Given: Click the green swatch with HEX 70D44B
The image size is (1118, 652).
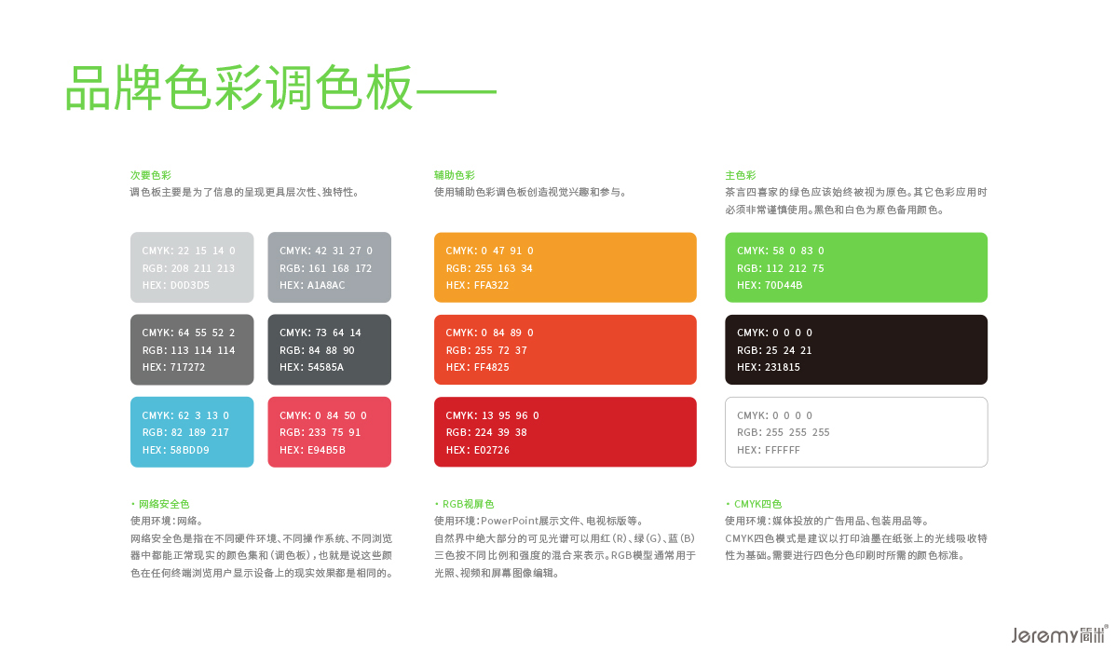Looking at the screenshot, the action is pyautogui.click(x=856, y=267).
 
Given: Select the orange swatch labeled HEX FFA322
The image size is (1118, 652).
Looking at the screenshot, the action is pyautogui.click(x=565, y=267).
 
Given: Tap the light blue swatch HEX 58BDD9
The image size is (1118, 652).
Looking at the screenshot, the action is pyautogui.click(x=192, y=432).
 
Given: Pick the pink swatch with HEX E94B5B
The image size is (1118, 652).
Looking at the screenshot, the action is pyautogui.click(x=330, y=432).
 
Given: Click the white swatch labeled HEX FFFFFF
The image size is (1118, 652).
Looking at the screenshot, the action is pyautogui.click(x=856, y=432).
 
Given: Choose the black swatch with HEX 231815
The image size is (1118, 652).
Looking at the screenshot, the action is pyautogui.click(x=856, y=349).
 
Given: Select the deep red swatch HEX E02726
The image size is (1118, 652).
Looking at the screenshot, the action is pyautogui.click(x=565, y=432).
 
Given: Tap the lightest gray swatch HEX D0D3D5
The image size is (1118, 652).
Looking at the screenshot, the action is pyautogui.click(x=192, y=267).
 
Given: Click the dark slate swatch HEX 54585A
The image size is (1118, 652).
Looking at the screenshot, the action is pyautogui.click(x=330, y=349).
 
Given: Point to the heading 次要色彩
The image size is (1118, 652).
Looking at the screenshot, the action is pyautogui.click(x=151, y=175).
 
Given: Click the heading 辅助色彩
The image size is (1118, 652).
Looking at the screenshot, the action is pyautogui.click(x=455, y=175).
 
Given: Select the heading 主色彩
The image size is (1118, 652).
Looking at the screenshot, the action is pyautogui.click(x=741, y=175).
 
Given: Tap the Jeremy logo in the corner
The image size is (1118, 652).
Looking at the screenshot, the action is pyautogui.click(x=1059, y=634).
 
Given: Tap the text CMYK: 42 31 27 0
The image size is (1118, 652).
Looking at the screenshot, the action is pyautogui.click(x=326, y=251).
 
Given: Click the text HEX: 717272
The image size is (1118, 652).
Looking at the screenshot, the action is pyautogui.click(x=173, y=367).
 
